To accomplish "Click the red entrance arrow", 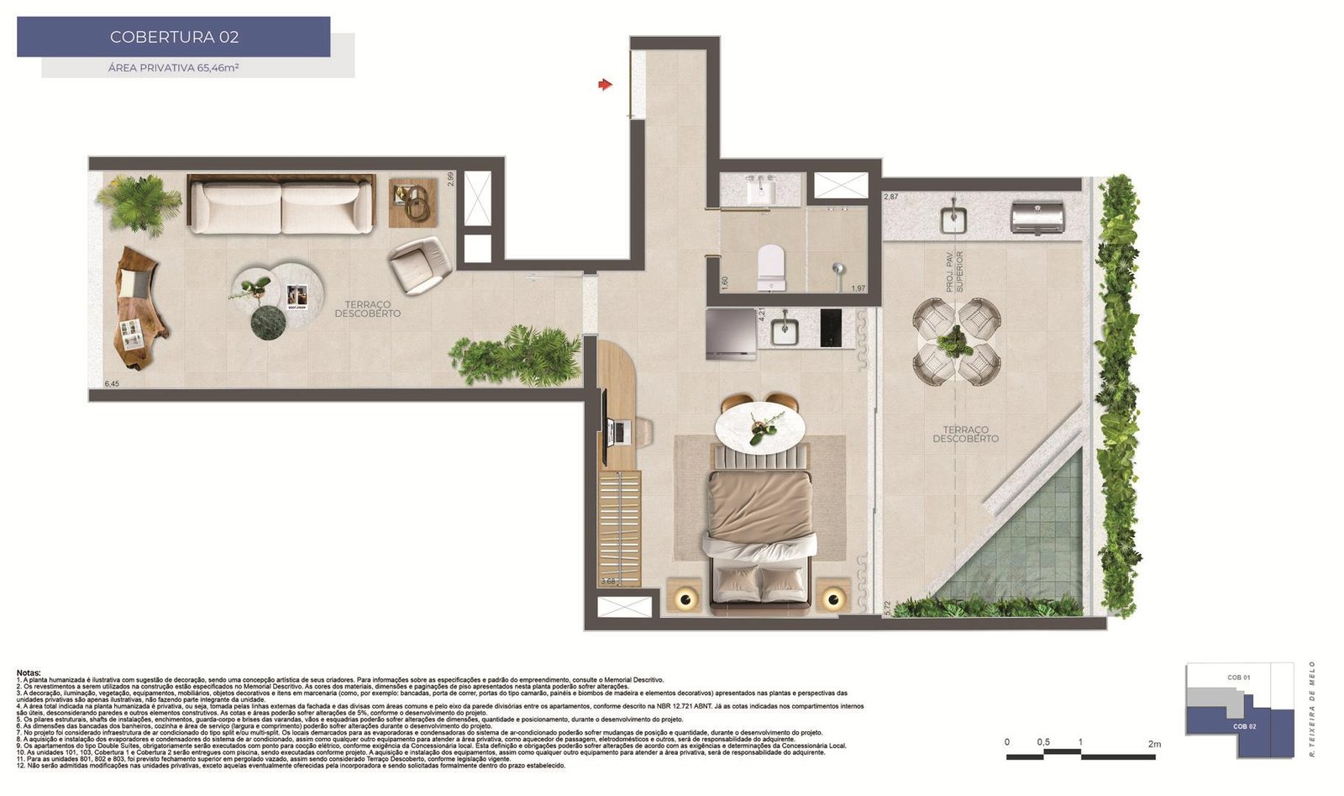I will tap(605, 84).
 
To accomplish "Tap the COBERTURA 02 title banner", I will tap(174, 37).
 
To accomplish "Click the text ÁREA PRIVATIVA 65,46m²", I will tap(174, 68).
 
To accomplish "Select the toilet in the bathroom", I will tap(770, 266).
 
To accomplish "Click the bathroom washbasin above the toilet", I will tap(763, 189).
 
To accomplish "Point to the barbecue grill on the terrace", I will tap(1038, 218).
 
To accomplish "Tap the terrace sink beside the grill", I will tap(953, 218).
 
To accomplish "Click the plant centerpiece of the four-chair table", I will tap(957, 340).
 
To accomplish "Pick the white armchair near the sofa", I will tap(420, 264).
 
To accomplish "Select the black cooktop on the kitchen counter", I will tap(831, 328).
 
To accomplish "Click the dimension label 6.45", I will tap(112, 384).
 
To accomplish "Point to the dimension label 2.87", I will tap(891, 197).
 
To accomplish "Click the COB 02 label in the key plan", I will tap(1245, 726).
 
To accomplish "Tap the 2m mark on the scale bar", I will tap(1154, 744).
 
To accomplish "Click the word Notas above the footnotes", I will tap(29, 673).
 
